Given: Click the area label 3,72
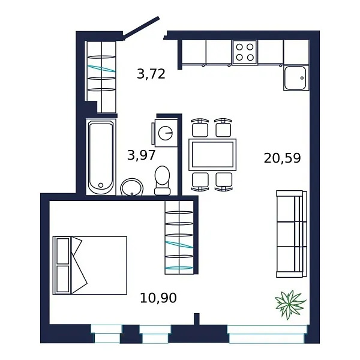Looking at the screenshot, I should pyautogui.click(x=151, y=74).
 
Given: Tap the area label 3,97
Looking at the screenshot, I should pyautogui.click(x=141, y=155).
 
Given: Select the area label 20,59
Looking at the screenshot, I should pyautogui.click(x=282, y=158).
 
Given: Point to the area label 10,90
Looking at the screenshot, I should pyautogui.click(x=158, y=297).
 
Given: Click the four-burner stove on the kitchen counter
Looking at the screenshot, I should pyautogui.click(x=244, y=52).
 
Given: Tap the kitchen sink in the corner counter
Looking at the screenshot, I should pyautogui.click(x=296, y=78).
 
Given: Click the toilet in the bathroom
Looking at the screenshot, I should pyautogui.click(x=162, y=180).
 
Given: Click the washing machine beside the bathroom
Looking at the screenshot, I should pyautogui.click(x=166, y=132).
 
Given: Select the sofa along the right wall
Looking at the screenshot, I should pyautogui.click(x=291, y=233).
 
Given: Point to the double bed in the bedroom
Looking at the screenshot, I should pyautogui.click(x=90, y=265).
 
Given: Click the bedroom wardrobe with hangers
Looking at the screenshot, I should pyautogui.click(x=180, y=237).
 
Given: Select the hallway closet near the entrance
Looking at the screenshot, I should pyautogui.click(x=100, y=76).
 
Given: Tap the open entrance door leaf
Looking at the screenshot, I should pyautogui.click(x=142, y=28).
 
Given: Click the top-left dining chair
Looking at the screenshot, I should pyautogui.click(x=200, y=128).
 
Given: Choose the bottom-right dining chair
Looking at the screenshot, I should pyautogui.click(x=224, y=180).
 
